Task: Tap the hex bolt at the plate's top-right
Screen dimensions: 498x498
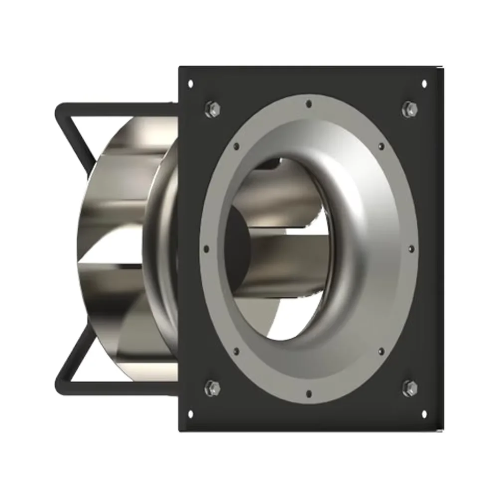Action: click(x=409, y=108)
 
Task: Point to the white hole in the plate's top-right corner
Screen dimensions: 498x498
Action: click(x=424, y=84)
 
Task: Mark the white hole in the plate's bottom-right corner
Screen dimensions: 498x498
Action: click(x=424, y=413)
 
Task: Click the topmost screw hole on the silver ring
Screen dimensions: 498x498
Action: click(x=309, y=104)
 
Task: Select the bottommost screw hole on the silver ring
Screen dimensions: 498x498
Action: click(x=309, y=393)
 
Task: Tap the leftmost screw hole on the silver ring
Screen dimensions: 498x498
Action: click(x=206, y=248)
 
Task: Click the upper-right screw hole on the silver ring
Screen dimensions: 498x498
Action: click(x=381, y=146)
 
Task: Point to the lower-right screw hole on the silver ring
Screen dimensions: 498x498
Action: click(x=381, y=351)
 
